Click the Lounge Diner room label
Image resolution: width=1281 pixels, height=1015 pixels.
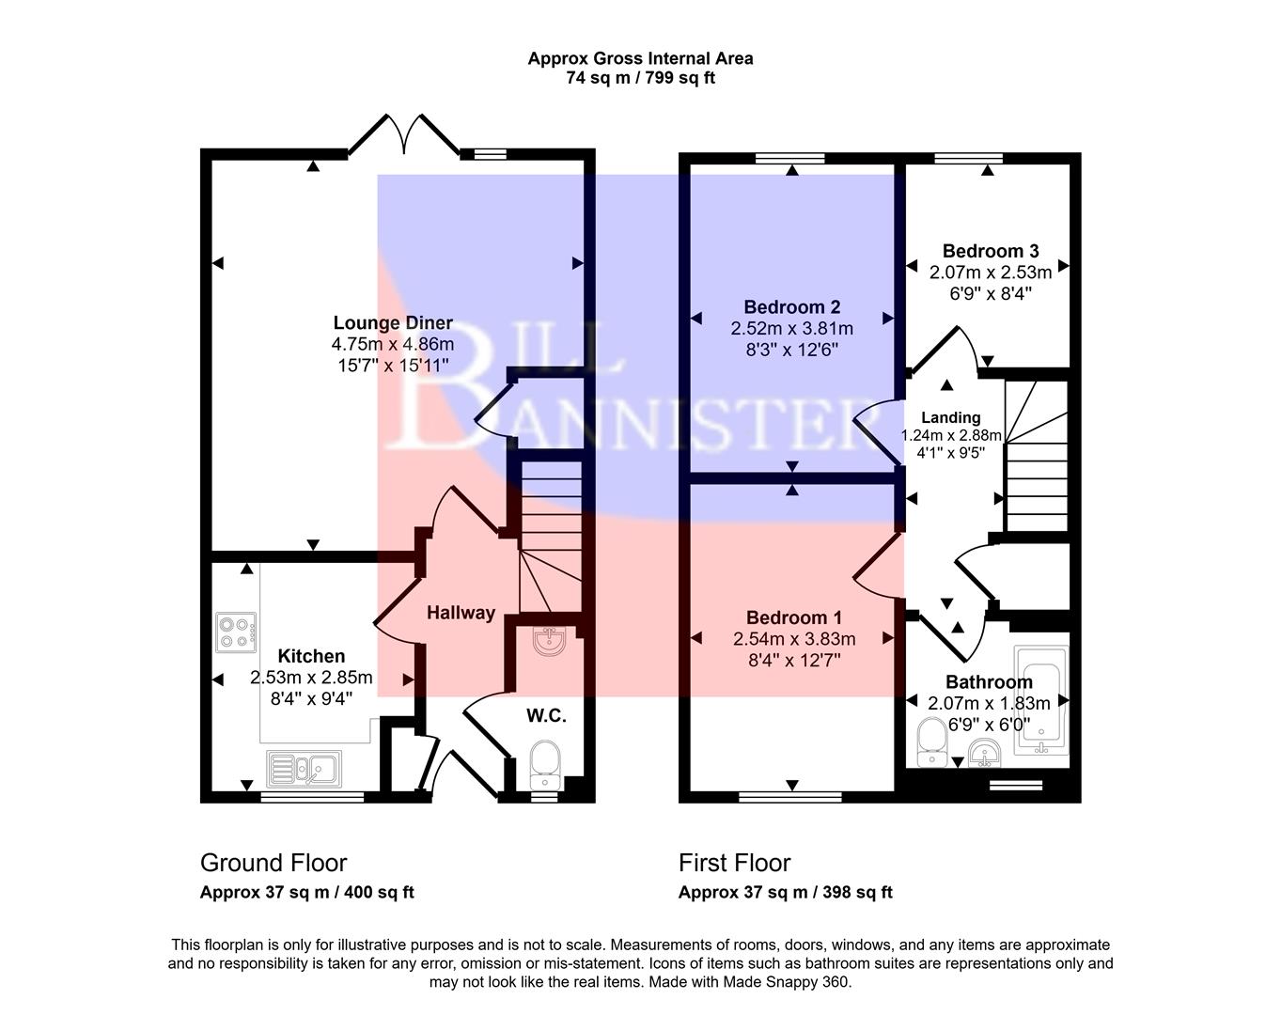click(393, 323)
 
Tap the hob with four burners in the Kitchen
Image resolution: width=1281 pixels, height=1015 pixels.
click(236, 632)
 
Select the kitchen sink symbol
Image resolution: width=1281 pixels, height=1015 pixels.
click(305, 769)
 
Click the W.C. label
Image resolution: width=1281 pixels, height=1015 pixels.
click(545, 716)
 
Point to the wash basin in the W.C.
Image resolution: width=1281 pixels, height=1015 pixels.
click(548, 641)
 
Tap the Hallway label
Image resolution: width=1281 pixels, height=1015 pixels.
click(461, 613)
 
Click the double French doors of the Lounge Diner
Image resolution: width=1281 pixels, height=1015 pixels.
click(404, 134)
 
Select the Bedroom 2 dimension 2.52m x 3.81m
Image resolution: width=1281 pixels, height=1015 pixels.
click(791, 328)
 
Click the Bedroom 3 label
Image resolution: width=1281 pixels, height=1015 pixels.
click(990, 251)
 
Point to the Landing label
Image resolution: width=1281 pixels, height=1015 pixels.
click(950, 417)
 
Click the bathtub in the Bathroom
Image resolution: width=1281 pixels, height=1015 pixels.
click(1041, 701)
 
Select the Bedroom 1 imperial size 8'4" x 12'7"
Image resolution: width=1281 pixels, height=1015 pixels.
click(793, 660)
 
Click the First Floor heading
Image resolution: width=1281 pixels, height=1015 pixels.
click(735, 863)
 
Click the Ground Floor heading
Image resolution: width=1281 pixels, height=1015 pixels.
click(273, 863)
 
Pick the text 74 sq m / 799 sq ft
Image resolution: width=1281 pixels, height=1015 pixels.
click(640, 79)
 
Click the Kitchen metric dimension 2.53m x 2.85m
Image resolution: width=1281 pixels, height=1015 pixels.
click(311, 678)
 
